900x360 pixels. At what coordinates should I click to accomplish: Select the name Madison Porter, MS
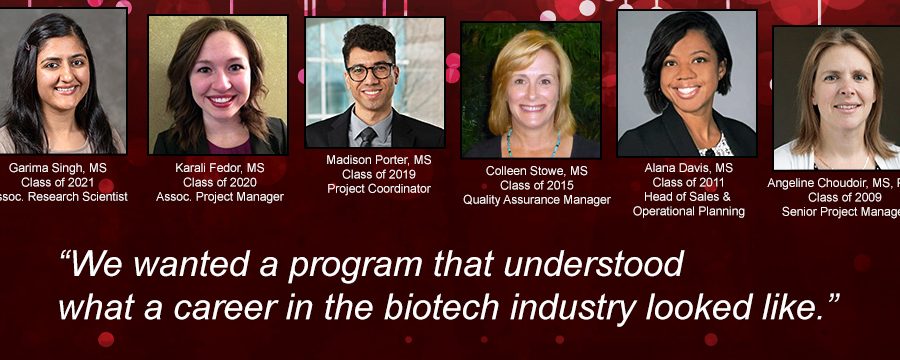pyautogui.click(x=379, y=160)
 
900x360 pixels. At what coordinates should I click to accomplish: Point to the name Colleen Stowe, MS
pyautogui.click(x=537, y=171)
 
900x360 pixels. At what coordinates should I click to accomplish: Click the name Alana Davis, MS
pyautogui.click(x=689, y=168)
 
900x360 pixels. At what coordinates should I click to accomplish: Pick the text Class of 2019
pyautogui.click(x=379, y=174)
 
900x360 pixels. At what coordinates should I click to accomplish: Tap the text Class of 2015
pyautogui.click(x=537, y=185)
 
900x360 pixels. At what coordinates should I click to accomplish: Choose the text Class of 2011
pyautogui.click(x=689, y=182)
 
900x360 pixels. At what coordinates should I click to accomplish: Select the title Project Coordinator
pyautogui.click(x=379, y=189)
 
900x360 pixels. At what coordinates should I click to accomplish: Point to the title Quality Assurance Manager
pyautogui.click(x=537, y=200)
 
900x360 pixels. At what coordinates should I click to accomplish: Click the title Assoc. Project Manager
pyautogui.click(x=220, y=197)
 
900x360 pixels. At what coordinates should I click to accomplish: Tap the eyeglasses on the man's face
pyautogui.click(x=370, y=71)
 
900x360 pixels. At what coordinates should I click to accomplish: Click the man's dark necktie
pyautogui.click(x=368, y=137)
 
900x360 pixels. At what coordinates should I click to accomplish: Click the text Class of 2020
pyautogui.click(x=220, y=181)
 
